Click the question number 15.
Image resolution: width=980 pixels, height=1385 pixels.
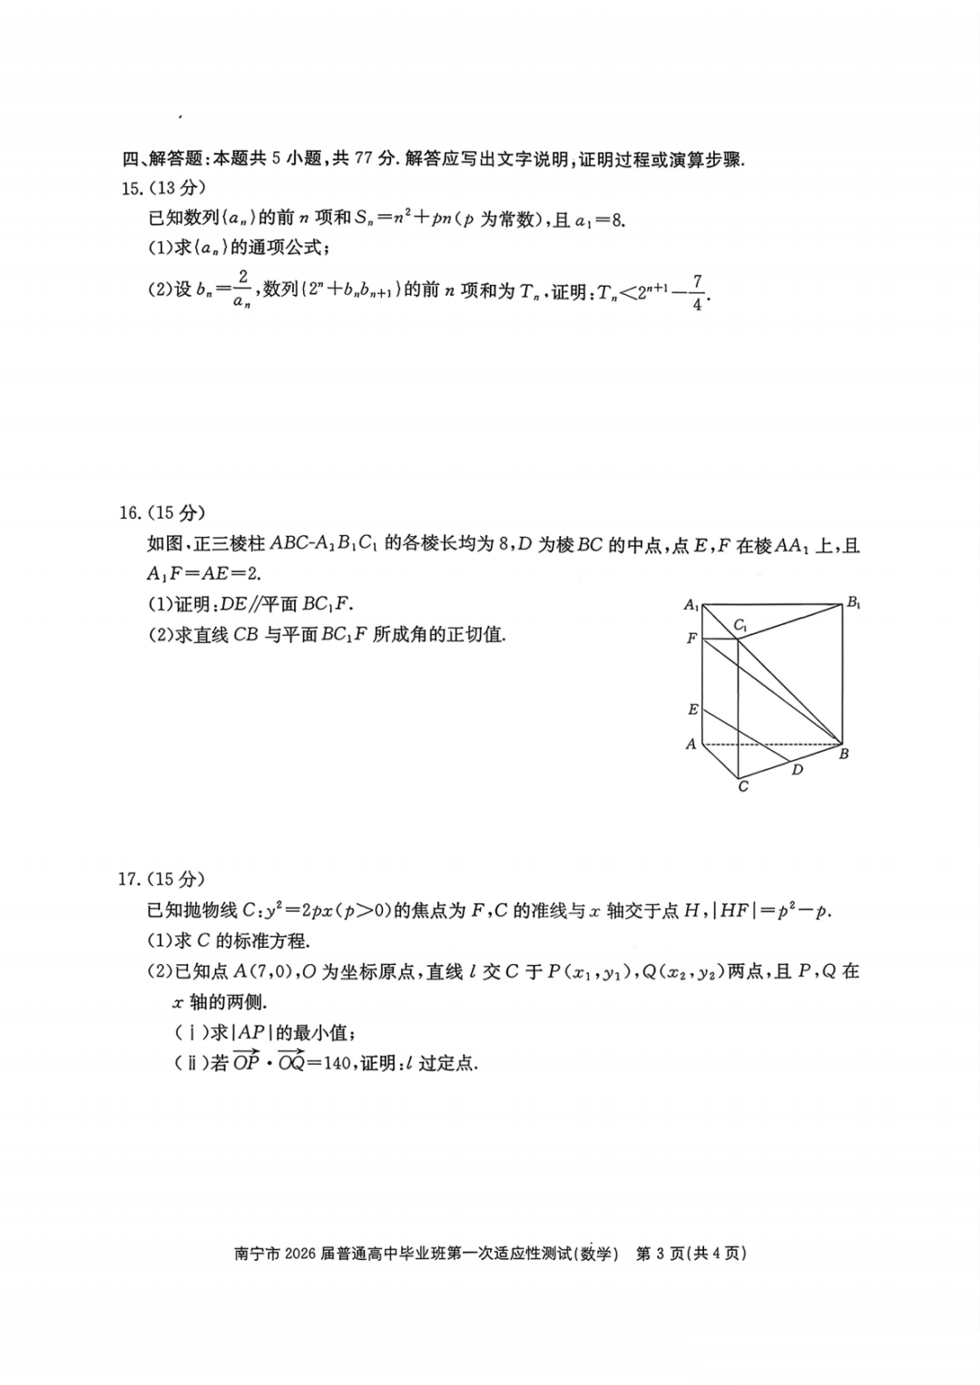pos(129,189)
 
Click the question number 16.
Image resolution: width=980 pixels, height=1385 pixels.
pos(129,513)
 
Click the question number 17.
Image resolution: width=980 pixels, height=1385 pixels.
pos(129,879)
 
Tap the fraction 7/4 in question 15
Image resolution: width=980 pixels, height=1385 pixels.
pos(697,292)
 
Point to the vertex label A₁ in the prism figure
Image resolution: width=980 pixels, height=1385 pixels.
pos(691,605)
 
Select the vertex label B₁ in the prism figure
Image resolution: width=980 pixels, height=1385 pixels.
pos(853,602)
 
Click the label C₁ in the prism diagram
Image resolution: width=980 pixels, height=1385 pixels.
pos(740,625)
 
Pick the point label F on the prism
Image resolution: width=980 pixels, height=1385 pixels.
pos(691,639)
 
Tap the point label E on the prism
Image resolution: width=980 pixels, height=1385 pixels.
pos(692,709)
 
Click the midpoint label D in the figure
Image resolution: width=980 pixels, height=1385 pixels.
pos(797,770)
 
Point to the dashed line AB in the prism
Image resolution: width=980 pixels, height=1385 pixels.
pos(771,745)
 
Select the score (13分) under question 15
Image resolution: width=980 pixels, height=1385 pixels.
pos(177,189)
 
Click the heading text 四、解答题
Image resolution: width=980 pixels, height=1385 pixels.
pos(162,160)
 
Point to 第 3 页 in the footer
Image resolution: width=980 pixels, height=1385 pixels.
pos(660,1254)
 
